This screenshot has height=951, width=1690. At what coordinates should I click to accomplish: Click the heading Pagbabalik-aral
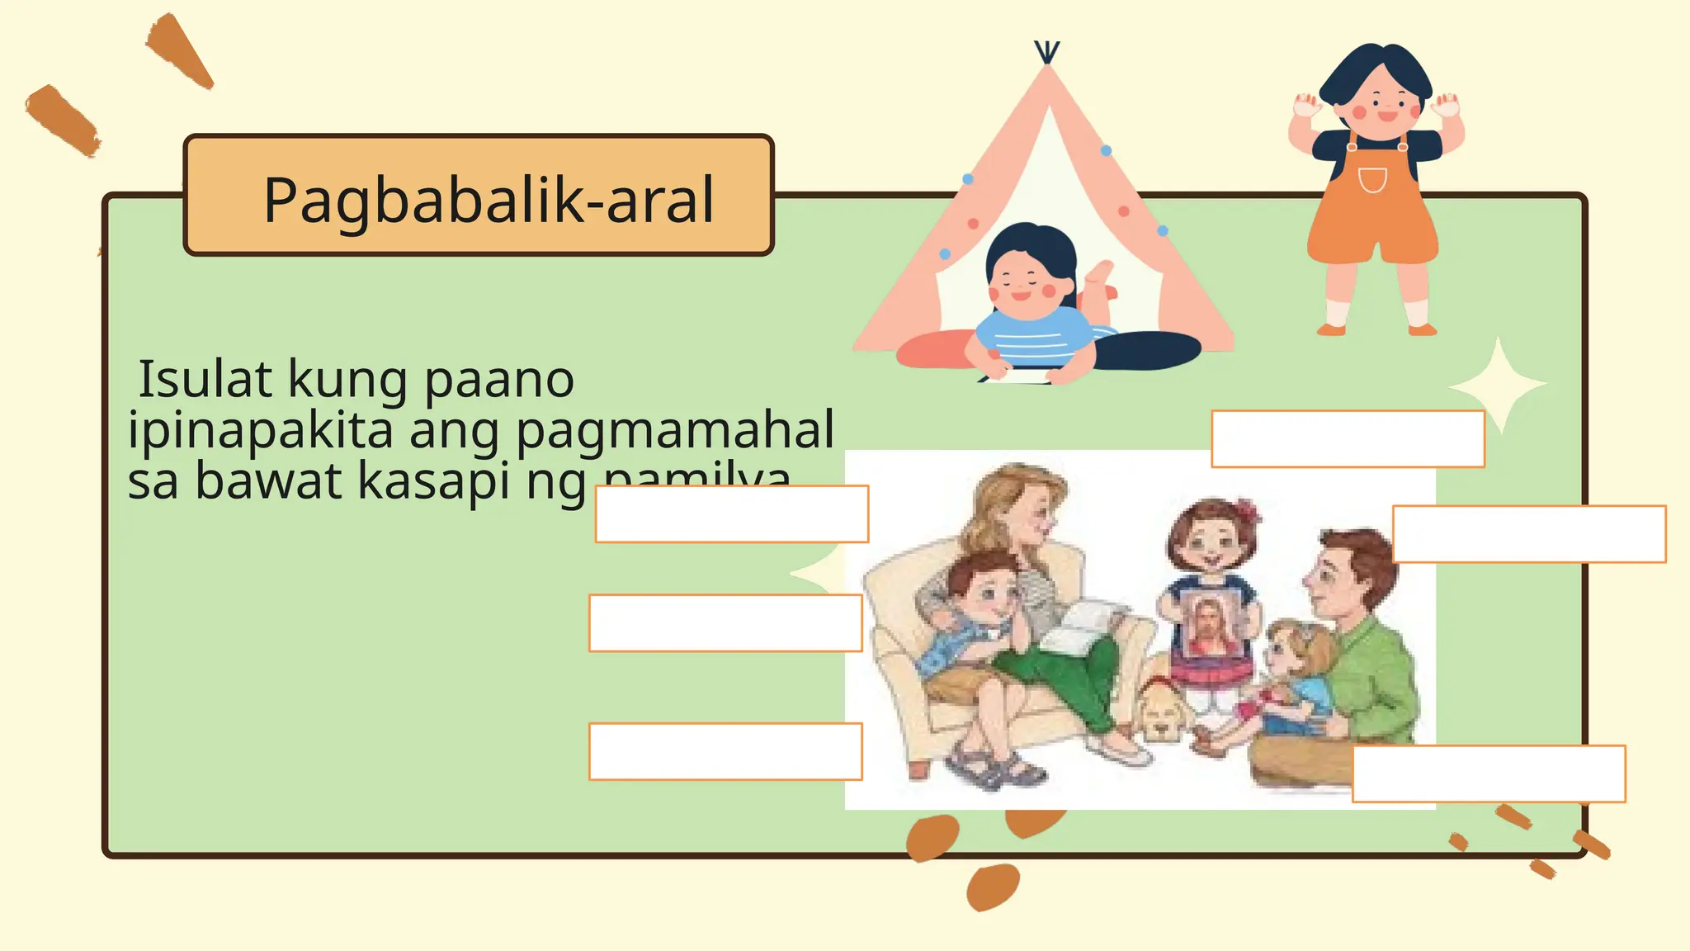(488, 201)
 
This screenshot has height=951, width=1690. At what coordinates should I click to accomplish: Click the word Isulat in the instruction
(205, 380)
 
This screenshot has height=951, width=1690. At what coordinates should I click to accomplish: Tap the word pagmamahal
(675, 430)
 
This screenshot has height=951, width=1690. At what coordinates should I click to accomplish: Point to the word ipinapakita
(260, 432)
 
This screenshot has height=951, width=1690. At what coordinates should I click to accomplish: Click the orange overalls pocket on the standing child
(1371, 179)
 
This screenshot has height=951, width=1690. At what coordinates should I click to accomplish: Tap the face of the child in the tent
(1022, 281)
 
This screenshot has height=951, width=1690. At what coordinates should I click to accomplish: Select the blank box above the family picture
(1348, 439)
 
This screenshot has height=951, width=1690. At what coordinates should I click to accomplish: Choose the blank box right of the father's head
(1528, 534)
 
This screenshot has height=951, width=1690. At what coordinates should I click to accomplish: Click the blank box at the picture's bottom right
(1488, 774)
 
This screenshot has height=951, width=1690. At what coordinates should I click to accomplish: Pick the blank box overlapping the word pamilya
(731, 513)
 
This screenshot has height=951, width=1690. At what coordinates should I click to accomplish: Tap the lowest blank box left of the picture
(725, 751)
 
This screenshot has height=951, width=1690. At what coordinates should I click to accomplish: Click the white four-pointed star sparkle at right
(1499, 385)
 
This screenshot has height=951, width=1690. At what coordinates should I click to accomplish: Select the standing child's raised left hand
(1445, 106)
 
